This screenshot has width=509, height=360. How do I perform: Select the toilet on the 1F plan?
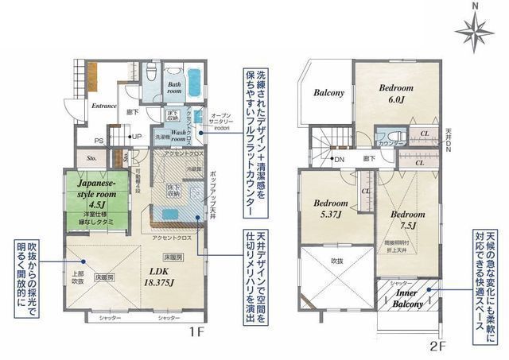149,73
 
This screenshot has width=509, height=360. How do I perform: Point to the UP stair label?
137,136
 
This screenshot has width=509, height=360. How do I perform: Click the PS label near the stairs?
98,141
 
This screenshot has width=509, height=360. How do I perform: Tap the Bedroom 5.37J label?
328,209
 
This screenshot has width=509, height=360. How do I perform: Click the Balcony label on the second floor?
328,93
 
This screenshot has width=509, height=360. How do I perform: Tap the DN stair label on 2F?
338,160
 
